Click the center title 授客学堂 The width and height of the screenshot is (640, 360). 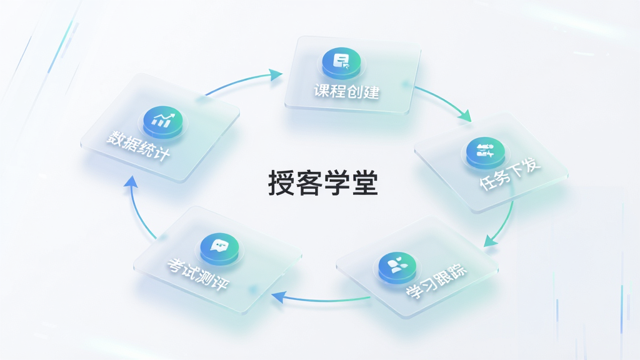point(323,183)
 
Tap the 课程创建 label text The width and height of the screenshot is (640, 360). point(346,91)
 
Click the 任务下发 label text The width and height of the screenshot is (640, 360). point(510,174)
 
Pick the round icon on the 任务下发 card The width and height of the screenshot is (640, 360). point(485,152)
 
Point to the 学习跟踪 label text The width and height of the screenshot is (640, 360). point(436,282)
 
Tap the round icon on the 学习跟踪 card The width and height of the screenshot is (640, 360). point(397,267)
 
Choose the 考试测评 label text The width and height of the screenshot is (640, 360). point(198,274)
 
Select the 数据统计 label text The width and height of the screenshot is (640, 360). point(138,146)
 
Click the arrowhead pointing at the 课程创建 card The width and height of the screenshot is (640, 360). point(276,75)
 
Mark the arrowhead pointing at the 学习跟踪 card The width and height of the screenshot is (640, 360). point(491,241)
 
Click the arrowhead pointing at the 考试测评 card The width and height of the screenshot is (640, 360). point(278,297)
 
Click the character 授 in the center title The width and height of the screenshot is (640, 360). point(281,183)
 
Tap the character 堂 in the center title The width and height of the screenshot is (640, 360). point(364,183)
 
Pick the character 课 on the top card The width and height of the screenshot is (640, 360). point(322,90)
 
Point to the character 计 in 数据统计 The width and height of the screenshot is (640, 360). point(162,154)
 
